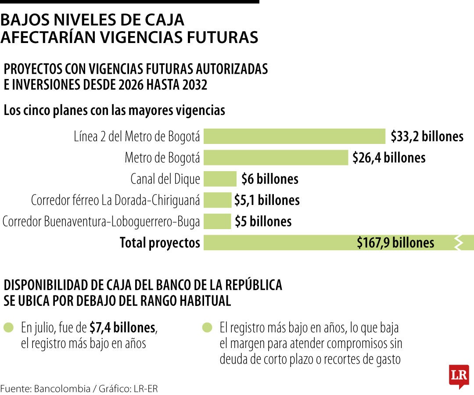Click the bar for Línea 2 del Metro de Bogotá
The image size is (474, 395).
tap(294, 136)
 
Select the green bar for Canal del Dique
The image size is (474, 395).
tap(220, 179)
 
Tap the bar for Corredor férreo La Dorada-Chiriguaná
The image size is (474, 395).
tap(217, 200)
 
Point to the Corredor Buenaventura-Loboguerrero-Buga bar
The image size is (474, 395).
tap(217, 221)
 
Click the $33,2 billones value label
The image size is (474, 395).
tap(427, 136)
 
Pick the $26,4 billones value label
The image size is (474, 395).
tap(389, 158)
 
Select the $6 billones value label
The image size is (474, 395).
tap(270, 179)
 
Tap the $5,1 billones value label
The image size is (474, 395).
tap(267, 200)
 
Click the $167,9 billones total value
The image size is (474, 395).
tap(395, 243)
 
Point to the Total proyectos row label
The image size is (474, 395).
tap(160, 243)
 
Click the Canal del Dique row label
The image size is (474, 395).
tap(165, 179)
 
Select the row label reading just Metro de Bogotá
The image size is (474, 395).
tap(162, 158)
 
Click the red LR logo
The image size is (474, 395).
tap(459, 376)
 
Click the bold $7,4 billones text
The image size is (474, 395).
tap(122, 327)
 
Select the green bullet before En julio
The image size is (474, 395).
tap(8, 327)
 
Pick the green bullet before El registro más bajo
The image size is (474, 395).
tap(207, 327)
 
